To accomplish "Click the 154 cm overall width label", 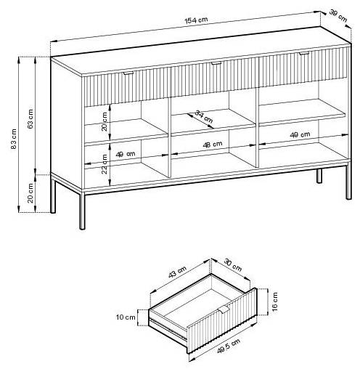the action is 196,20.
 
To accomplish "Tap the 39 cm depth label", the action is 338,15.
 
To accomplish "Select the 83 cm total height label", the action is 14,139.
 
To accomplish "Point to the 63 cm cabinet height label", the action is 30,118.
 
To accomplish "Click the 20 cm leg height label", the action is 30,193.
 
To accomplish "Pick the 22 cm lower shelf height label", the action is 105,164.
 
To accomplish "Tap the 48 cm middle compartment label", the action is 213,145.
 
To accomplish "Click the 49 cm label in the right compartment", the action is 300,134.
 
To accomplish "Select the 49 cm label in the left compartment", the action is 126,154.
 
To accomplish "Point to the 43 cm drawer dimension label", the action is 177,272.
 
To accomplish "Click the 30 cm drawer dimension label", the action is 232,265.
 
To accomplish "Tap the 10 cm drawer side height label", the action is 126,317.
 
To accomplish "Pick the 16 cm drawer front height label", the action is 275,301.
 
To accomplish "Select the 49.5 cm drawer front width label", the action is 229,346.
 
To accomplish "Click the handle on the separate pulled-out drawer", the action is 223,309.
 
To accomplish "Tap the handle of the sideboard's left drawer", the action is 128,73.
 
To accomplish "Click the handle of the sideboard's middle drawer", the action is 216,63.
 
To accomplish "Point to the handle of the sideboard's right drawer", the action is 304,53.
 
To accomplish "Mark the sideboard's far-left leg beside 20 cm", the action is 53,193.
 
